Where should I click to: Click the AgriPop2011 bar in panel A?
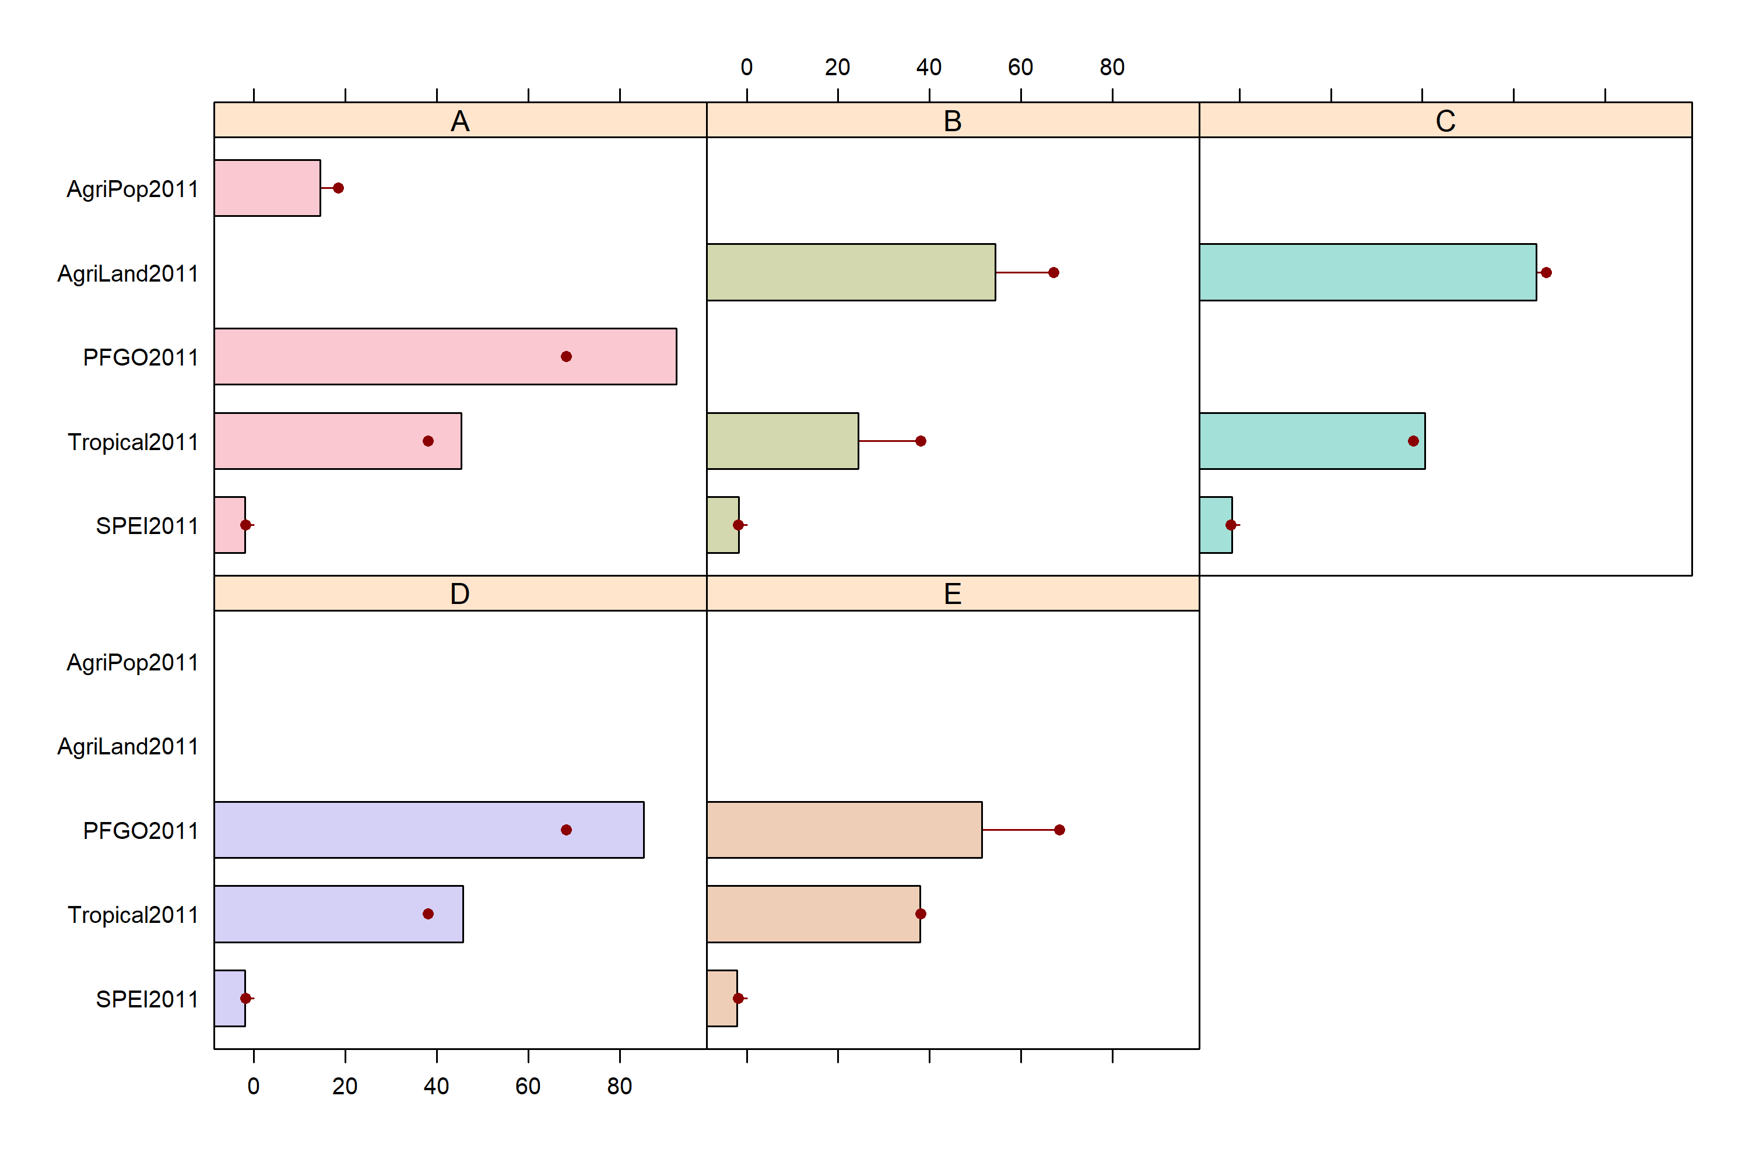[267, 188]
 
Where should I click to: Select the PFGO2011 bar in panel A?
[445, 357]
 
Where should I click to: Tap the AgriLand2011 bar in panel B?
[851, 272]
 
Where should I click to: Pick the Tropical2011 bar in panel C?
[1312, 441]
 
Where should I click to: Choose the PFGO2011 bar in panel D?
[429, 830]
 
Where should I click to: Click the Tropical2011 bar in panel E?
[813, 914]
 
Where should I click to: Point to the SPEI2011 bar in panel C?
[1216, 525]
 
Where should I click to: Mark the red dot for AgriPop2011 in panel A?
[338, 188]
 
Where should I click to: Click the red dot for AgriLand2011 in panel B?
[1053, 273]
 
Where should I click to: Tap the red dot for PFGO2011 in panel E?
[1060, 830]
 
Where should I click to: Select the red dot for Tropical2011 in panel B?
[921, 441]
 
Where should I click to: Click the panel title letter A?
[461, 121]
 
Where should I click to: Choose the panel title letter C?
[1446, 121]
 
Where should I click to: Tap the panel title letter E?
[953, 594]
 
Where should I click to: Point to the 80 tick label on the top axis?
[1112, 68]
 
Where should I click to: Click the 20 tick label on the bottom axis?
[345, 1087]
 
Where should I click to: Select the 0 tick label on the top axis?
[747, 68]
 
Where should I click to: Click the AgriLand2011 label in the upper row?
[128, 273]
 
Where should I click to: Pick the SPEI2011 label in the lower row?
[147, 999]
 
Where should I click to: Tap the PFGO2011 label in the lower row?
[141, 831]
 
